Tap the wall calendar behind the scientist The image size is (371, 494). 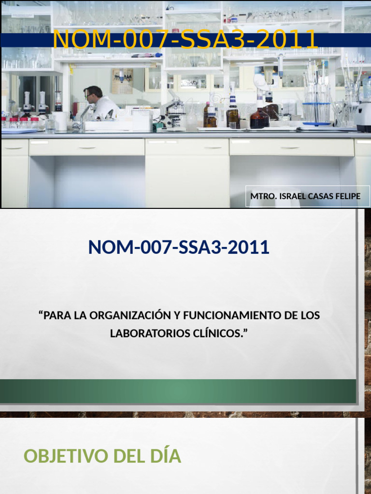(122, 81)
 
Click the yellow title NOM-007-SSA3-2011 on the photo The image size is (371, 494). (185, 40)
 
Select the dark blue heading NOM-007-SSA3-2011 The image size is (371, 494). (179, 247)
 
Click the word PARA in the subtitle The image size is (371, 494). (54, 316)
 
